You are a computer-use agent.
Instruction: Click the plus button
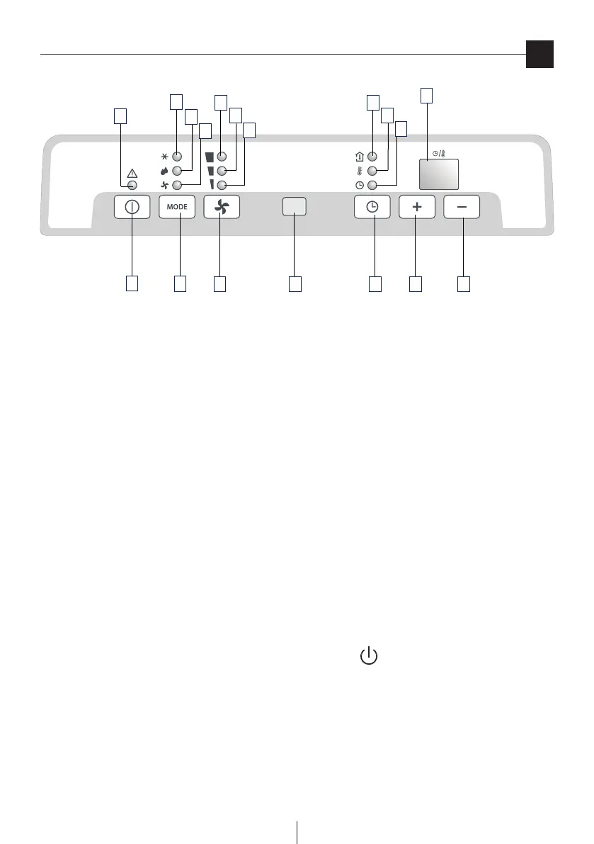point(416,207)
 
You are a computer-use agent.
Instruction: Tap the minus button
point(462,207)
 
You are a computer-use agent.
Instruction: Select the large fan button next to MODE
point(222,207)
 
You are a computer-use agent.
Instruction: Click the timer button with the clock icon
point(372,207)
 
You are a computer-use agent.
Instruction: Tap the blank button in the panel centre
point(295,207)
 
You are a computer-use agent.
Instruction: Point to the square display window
point(438,174)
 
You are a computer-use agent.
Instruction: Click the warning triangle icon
point(132,173)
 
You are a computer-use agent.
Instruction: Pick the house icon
point(359,157)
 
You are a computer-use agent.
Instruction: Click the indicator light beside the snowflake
point(177,157)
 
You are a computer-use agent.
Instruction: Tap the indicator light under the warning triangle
point(132,185)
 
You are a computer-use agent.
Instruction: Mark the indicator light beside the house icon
point(372,157)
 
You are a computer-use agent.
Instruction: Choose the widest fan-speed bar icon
point(209,157)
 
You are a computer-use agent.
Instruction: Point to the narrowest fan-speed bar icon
point(210,185)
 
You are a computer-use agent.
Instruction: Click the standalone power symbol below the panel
point(369,656)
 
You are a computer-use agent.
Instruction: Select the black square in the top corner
point(539,55)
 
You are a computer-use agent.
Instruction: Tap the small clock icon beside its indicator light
point(359,185)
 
